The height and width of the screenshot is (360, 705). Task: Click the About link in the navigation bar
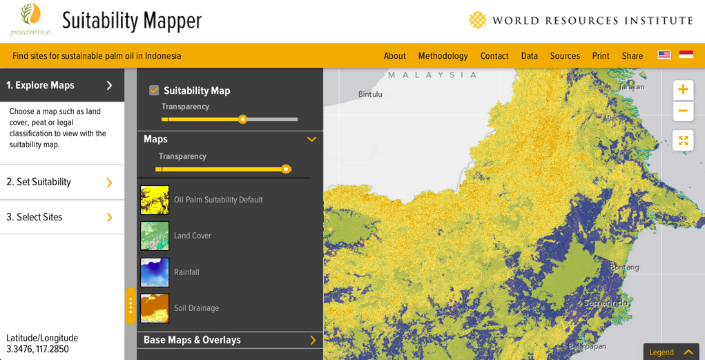394,56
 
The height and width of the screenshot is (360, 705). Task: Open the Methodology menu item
443,56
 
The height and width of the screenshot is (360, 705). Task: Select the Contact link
494,56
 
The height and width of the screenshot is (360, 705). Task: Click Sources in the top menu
565,56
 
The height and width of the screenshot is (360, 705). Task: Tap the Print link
601,56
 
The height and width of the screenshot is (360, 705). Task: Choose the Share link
632,56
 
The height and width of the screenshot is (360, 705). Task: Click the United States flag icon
664,55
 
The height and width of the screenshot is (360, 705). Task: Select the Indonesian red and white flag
686,55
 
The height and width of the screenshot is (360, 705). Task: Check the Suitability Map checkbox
154,91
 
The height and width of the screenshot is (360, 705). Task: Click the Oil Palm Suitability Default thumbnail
155,200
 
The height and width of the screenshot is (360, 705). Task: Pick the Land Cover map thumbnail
155,236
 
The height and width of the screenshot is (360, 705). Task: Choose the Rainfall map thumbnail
155,272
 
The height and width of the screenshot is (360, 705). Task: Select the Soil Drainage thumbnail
155,308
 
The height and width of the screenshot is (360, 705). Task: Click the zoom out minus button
682,111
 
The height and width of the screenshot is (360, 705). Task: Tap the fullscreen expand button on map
682,140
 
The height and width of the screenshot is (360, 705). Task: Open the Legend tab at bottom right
670,352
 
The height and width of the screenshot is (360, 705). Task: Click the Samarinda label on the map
606,303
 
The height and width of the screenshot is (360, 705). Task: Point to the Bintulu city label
370,94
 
